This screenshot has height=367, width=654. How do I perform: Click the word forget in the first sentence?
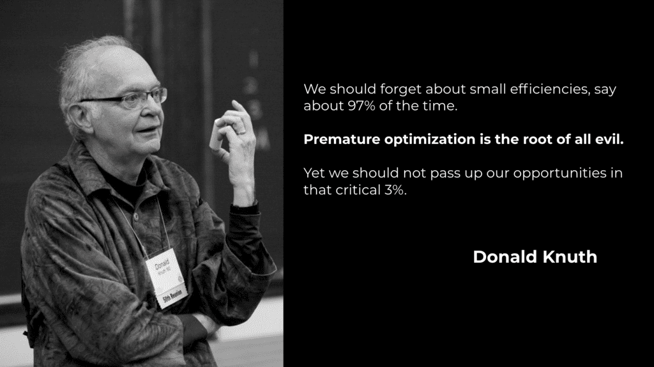400,90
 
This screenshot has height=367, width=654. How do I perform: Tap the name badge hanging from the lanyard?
163,271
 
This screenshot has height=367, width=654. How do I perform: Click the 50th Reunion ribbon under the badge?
172,297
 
